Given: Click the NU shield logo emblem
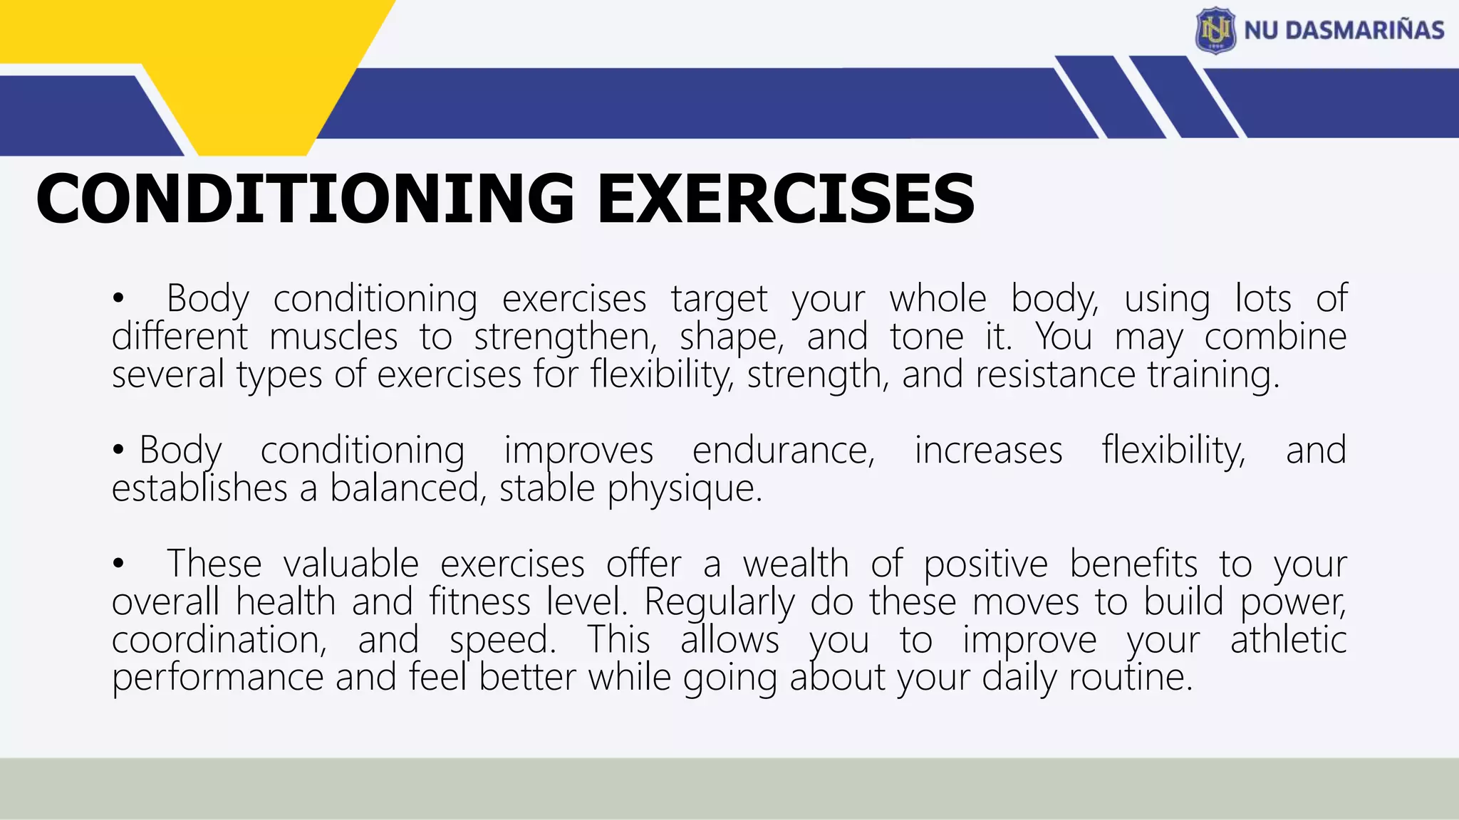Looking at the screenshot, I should point(1215,30).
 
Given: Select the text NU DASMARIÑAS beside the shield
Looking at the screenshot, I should point(1344,30).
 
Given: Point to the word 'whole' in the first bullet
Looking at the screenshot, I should point(938,298).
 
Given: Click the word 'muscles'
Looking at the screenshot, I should point(333,337).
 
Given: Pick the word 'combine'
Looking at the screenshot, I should point(1275,337).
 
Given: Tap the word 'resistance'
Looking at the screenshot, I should point(1055,374).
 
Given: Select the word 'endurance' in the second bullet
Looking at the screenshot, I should point(784,451).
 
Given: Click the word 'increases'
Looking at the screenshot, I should point(988,451).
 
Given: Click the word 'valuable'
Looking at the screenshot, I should point(351,564).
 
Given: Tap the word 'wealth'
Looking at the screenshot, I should point(796,564).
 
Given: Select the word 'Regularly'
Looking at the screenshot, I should point(720,603).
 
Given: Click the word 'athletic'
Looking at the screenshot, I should point(1288,640).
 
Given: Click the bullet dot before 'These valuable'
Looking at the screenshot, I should point(118,565).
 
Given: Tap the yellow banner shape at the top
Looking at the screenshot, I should point(214,43).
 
